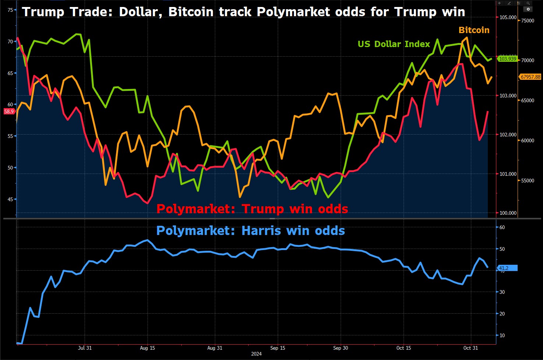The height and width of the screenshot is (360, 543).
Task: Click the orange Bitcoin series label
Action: click(x=474, y=30)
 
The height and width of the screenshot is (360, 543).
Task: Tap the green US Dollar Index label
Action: click(x=394, y=44)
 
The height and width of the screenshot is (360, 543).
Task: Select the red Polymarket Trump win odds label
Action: click(x=252, y=209)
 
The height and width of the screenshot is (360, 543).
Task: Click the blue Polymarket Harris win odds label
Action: click(x=251, y=231)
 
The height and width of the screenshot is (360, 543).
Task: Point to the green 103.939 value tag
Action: click(x=507, y=59)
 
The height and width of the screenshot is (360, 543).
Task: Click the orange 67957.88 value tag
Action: click(x=530, y=77)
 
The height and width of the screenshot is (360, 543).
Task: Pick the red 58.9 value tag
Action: click(x=9, y=111)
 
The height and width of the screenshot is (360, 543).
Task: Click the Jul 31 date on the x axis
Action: click(x=85, y=348)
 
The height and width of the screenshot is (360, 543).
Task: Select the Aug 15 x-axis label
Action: click(x=148, y=348)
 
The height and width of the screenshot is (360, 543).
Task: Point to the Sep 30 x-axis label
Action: click(x=340, y=348)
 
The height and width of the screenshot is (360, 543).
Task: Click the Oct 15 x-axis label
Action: click(x=404, y=348)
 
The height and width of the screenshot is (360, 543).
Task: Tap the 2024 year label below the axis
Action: click(x=256, y=354)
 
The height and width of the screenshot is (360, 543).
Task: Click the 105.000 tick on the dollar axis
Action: click(x=508, y=17)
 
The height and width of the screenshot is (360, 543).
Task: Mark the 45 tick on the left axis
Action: click(x=10, y=199)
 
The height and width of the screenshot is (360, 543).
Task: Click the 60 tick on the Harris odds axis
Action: click(x=502, y=227)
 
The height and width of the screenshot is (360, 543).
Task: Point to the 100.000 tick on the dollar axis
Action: click(x=508, y=213)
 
